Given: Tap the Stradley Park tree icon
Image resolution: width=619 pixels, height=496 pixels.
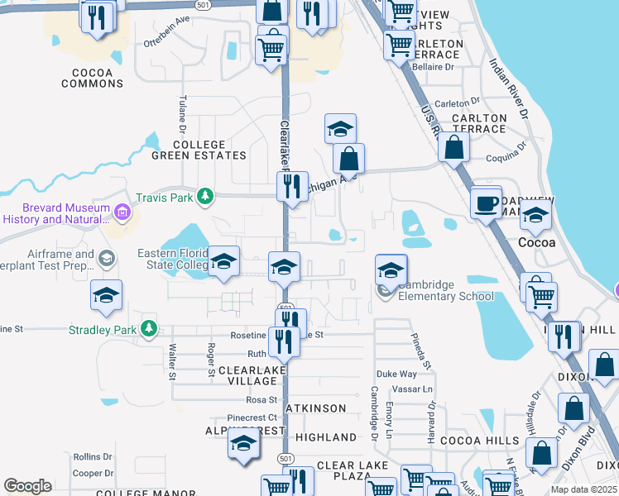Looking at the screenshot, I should (149, 328).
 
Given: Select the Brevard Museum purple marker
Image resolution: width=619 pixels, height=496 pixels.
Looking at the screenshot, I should (123, 212).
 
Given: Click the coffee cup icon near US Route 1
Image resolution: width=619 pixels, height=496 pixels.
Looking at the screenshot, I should (486, 202).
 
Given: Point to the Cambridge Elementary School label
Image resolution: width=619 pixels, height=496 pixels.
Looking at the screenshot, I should (446, 290).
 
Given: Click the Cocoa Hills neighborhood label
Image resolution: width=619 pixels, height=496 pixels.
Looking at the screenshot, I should (479, 441).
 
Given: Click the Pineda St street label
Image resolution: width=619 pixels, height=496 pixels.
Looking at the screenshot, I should (422, 351).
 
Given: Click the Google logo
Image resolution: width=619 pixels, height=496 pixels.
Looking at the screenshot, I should (27, 486).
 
